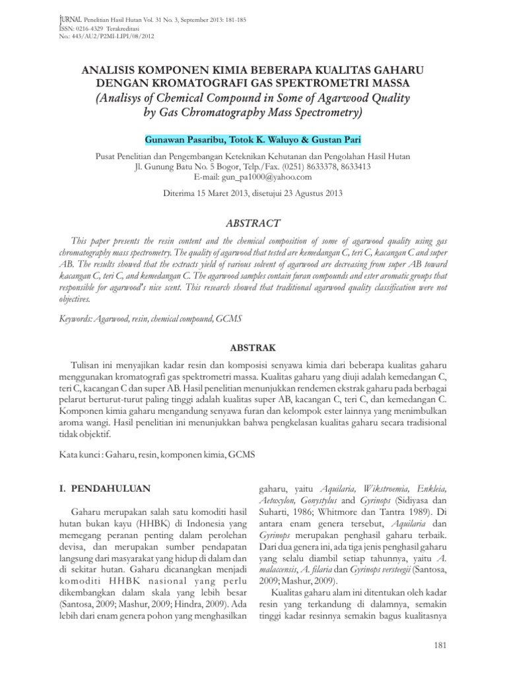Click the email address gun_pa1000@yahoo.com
[253, 177]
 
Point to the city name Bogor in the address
[240, 167]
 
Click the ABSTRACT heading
[253, 224]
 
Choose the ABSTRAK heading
[253, 347]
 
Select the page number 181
[443, 644]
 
